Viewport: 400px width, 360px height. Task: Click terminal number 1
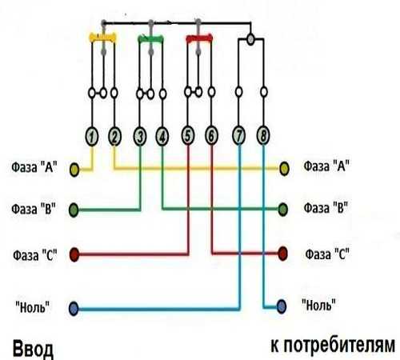point(92,137)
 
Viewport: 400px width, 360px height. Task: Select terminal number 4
point(162,137)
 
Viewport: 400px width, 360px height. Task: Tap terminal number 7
point(239,135)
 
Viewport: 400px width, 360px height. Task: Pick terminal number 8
point(263,135)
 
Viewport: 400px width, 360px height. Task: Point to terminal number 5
point(188,135)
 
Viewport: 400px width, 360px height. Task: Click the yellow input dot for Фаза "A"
point(74,170)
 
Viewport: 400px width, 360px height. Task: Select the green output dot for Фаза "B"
point(283,210)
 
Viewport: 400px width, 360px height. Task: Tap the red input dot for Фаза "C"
point(74,254)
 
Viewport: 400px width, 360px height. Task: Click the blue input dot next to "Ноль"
point(74,309)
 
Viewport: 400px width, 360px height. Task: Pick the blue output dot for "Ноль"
point(282,306)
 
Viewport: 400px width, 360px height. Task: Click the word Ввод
point(33,349)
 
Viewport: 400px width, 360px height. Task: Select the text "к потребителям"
point(333,346)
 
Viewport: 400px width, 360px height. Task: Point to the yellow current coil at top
point(103,38)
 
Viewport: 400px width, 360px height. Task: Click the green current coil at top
point(150,39)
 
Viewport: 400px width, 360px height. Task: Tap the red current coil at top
point(199,38)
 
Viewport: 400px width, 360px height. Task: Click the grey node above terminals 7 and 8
point(250,39)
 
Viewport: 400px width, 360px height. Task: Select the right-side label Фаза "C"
point(327,254)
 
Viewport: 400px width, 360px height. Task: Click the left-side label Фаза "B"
point(34,209)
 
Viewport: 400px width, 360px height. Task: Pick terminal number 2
point(114,137)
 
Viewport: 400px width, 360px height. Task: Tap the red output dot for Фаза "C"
point(282,254)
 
